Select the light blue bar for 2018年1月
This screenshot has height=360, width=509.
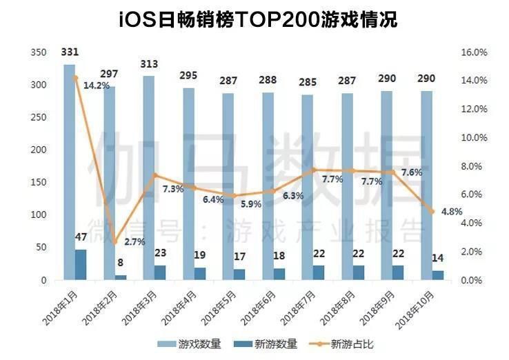coord(69,172)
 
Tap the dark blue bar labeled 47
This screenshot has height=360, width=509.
coord(81,265)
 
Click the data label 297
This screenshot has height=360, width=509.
coord(110,74)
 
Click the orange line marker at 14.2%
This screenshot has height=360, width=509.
coord(75,78)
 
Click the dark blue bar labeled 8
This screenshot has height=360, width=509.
coord(121,277)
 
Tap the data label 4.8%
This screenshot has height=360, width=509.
coord(451,212)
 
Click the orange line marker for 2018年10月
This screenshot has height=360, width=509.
coord(432,212)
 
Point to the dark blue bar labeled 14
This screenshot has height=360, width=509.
coord(438,275)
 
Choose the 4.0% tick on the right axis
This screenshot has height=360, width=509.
coord(474,223)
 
